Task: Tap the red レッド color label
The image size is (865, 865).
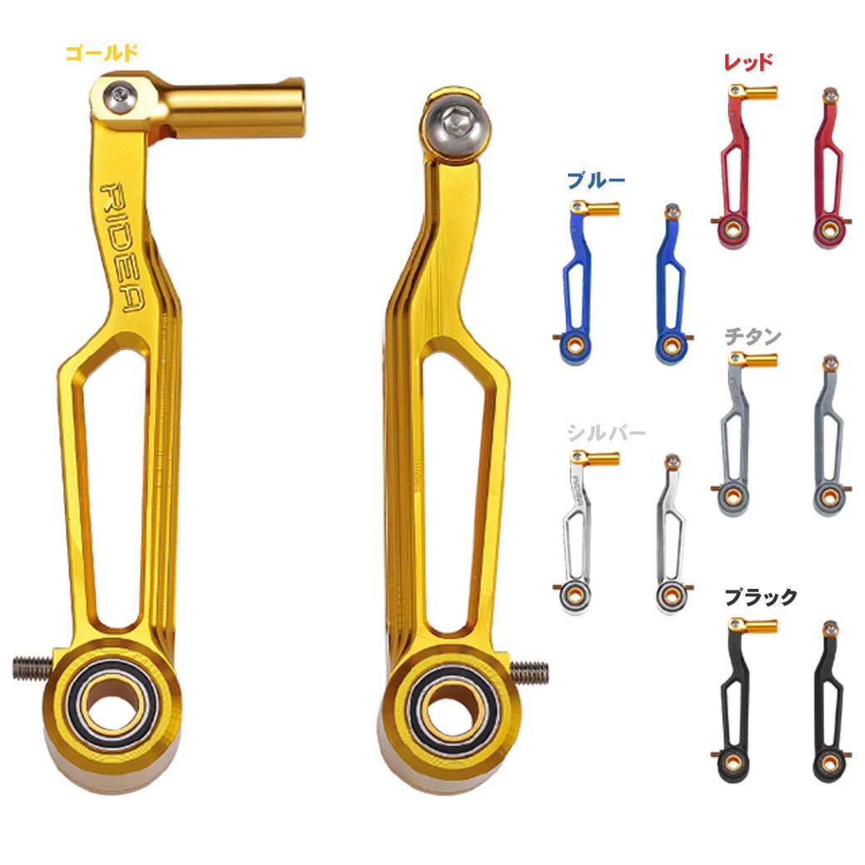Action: click(749, 62)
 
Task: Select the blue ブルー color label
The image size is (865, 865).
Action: click(595, 181)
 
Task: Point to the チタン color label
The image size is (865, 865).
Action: click(753, 337)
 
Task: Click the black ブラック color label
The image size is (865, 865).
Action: click(760, 597)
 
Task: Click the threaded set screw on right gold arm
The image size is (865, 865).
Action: click(530, 668)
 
